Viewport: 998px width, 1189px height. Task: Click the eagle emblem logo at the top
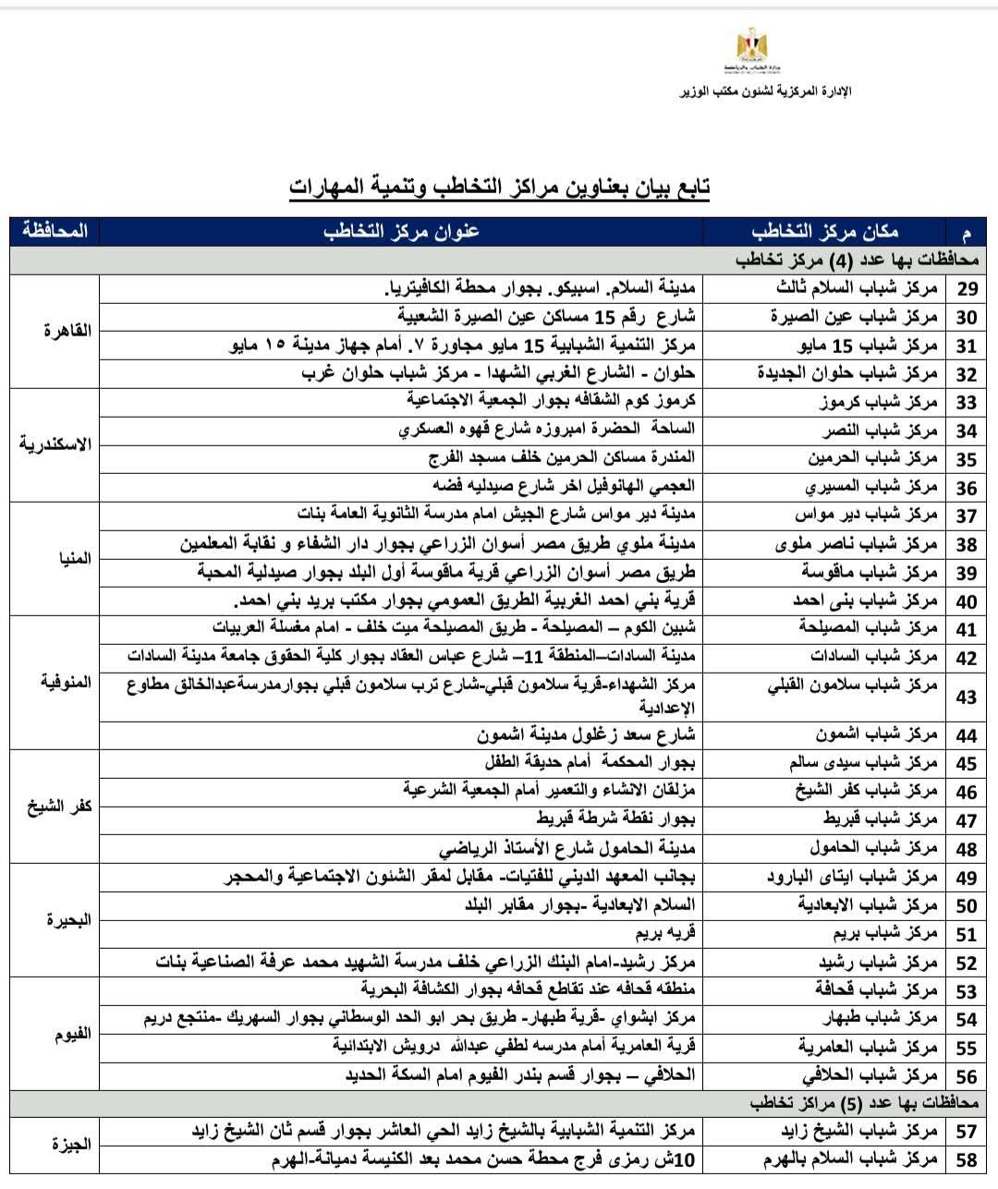(x=746, y=47)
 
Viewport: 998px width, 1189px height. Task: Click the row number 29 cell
(x=967, y=289)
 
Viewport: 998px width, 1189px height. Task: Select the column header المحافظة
(x=55, y=231)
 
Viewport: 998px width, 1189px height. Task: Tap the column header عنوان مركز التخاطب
(x=402, y=231)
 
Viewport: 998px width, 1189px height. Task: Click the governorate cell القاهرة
(x=67, y=330)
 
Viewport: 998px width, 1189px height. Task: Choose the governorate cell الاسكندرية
(x=55, y=443)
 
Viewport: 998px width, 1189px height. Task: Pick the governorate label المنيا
(x=74, y=558)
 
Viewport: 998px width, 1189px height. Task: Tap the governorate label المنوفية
(x=66, y=682)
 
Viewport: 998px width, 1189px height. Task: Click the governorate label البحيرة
(x=69, y=919)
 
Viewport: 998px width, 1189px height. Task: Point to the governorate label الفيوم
(x=71, y=1033)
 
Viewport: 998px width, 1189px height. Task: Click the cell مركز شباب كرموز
(x=879, y=403)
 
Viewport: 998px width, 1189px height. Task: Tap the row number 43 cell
(x=967, y=697)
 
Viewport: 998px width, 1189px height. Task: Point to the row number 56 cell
(x=967, y=1076)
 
